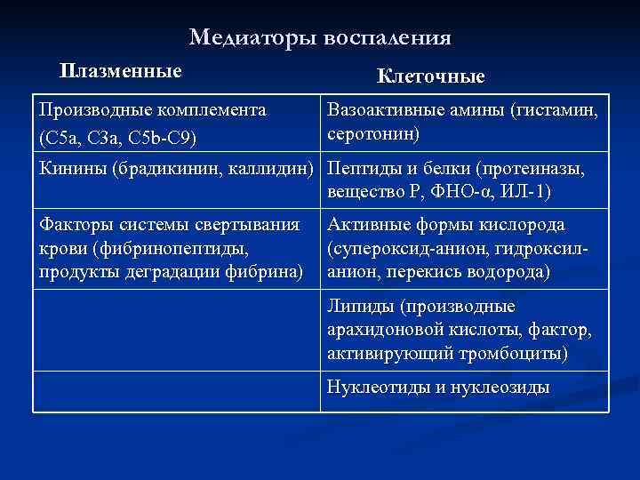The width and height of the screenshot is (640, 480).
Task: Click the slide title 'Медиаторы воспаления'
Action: (x=320, y=38)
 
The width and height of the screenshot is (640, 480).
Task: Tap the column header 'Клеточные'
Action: (x=431, y=76)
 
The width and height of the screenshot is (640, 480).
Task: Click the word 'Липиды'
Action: (x=360, y=308)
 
